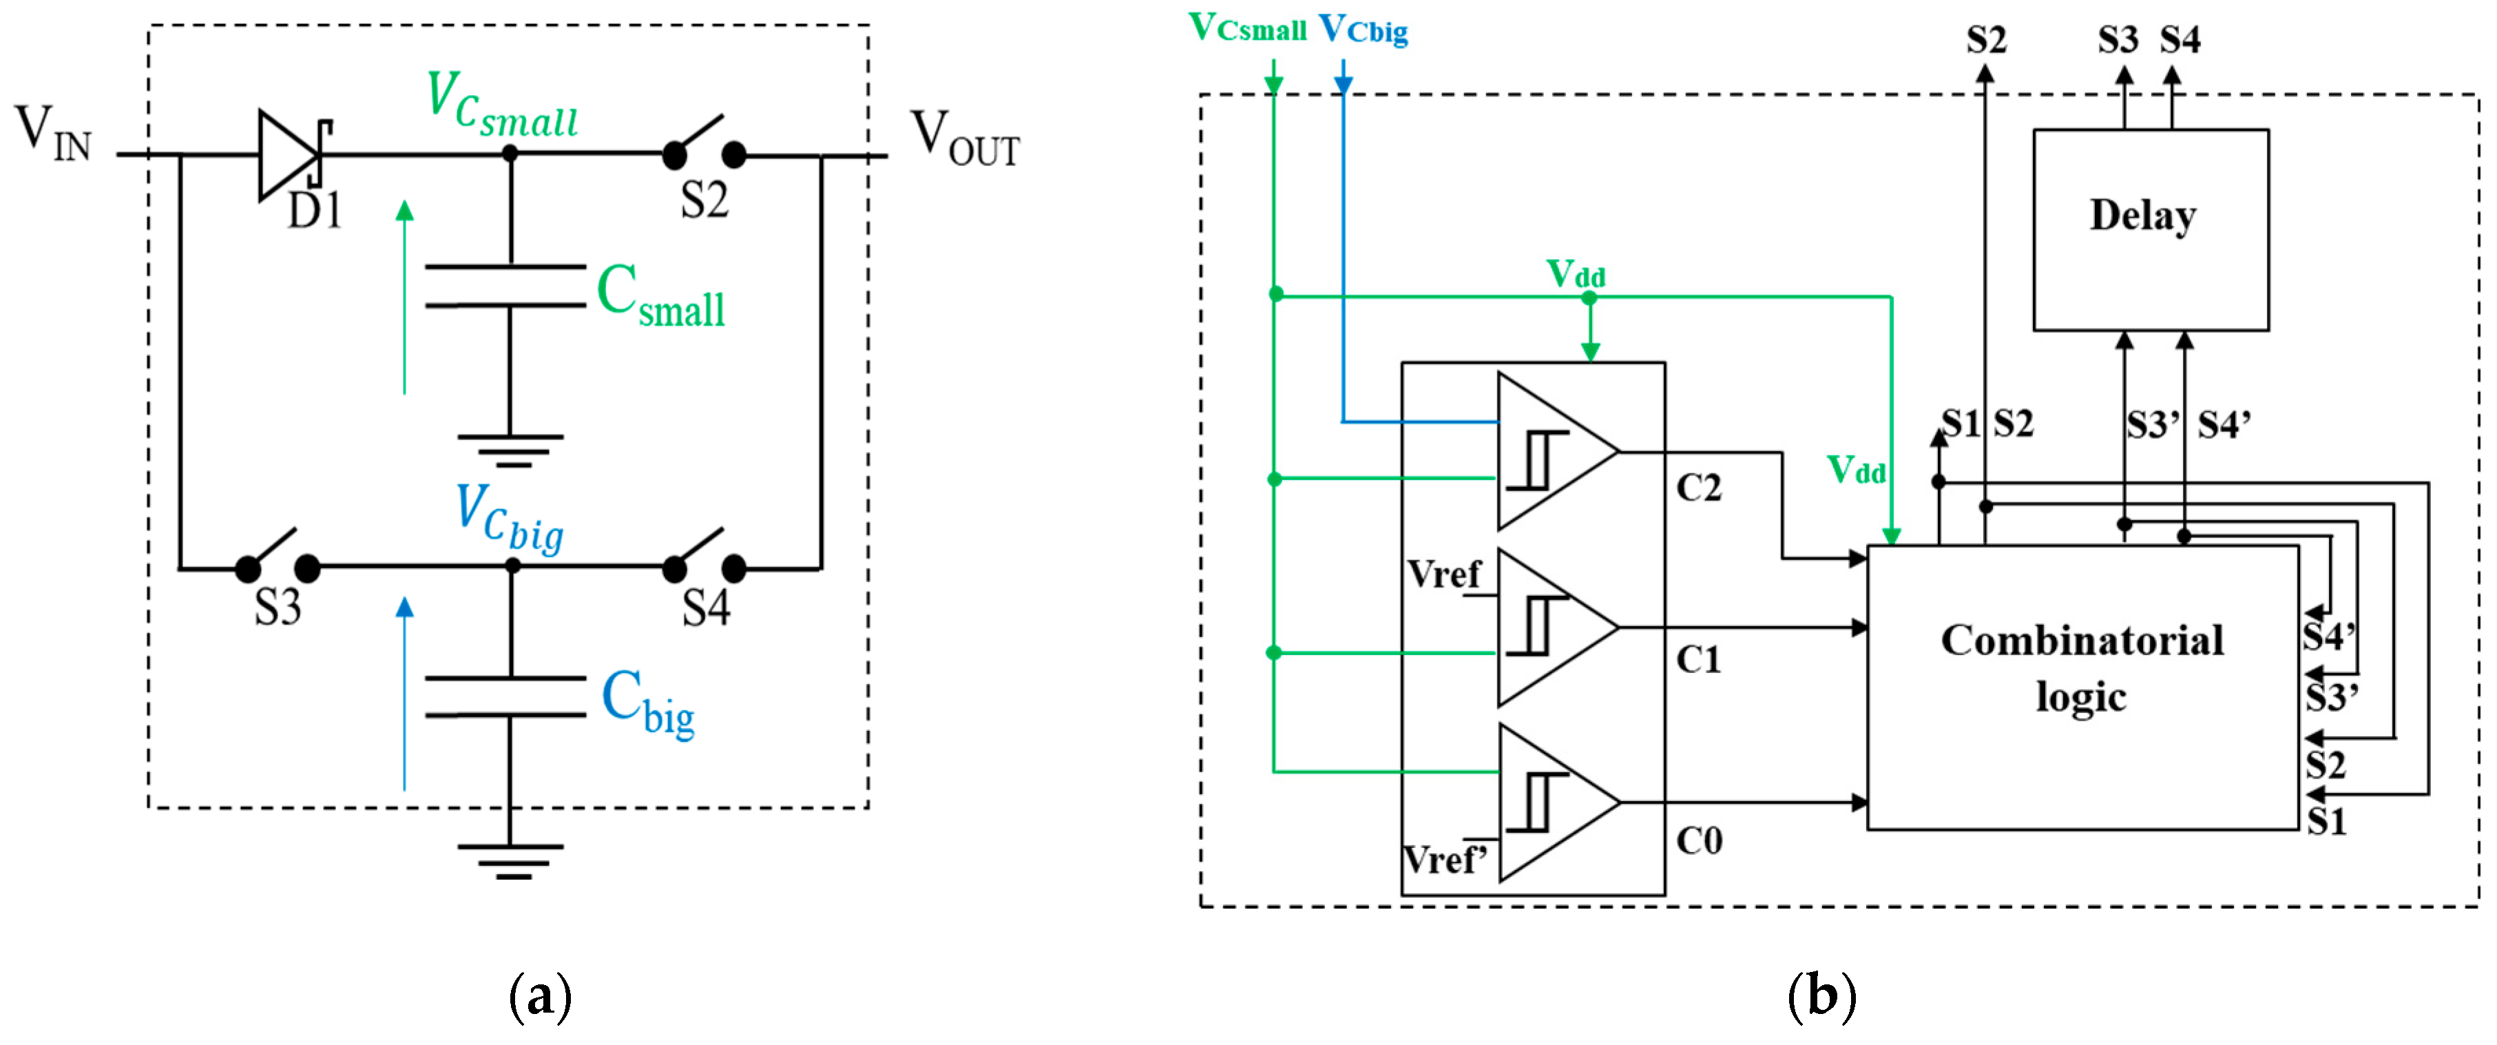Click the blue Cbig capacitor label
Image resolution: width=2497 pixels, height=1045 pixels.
point(647,702)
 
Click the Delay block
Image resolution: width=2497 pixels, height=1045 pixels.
point(2149,230)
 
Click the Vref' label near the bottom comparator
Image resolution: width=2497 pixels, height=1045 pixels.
point(1444,859)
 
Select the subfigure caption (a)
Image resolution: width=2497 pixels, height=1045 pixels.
point(540,997)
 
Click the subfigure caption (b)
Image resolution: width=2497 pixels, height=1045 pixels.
point(1820,997)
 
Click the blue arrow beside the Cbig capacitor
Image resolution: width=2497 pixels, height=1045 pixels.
point(405,693)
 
